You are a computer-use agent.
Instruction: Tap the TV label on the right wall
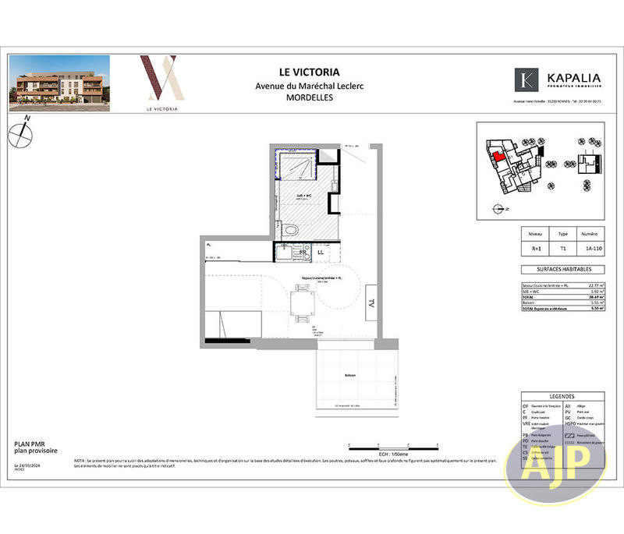[372, 302]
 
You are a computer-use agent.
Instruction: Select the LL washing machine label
[321, 253]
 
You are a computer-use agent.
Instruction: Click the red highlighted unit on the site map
[497, 154]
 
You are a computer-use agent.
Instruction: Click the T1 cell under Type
[562, 249]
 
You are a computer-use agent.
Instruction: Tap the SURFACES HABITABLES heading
[562, 270]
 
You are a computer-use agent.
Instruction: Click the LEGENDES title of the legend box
[562, 396]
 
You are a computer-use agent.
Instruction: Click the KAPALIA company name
[573, 79]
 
